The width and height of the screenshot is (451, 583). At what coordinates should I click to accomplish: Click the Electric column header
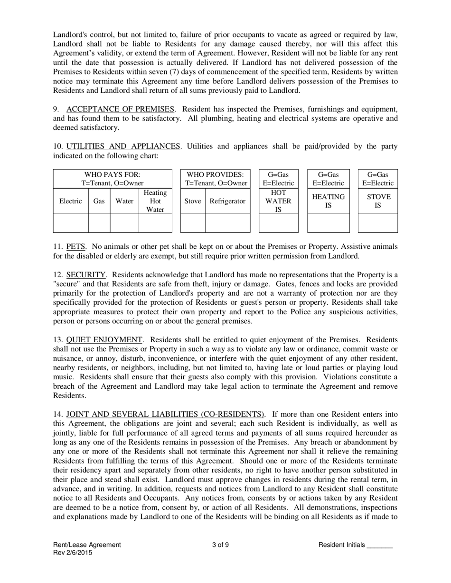70,201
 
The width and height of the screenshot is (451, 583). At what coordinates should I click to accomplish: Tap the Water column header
124,201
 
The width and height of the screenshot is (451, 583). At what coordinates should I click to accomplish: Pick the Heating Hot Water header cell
155,201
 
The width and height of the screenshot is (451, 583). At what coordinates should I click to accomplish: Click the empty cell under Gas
99,223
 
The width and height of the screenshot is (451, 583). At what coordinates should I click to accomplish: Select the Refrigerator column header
227,201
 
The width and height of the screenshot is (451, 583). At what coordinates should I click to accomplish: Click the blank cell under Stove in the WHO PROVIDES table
192,223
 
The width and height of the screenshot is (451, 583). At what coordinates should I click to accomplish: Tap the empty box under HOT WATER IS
278,223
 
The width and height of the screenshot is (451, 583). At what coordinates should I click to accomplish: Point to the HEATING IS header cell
328,201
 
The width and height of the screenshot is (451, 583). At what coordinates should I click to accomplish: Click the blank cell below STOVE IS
377,223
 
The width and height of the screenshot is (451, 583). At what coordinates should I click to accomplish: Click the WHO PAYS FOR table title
113,179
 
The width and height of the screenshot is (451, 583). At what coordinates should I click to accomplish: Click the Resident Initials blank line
379,545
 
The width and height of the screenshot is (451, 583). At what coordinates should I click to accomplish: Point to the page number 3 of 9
221,545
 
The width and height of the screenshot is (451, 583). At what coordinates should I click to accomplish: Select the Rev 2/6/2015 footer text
73,553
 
